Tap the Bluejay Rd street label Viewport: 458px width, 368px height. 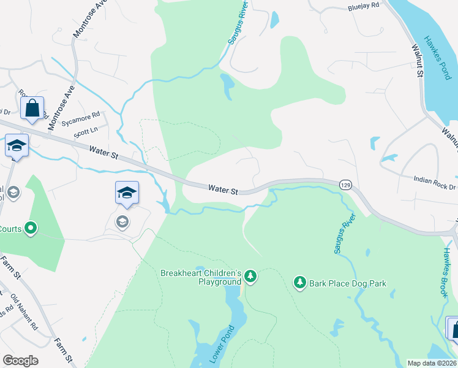(x=364, y=6)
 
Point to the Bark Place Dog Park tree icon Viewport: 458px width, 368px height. (x=299, y=282)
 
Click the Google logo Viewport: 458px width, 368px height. (x=20, y=361)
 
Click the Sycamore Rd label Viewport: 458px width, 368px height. (x=86, y=116)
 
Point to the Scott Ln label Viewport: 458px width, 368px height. (x=85, y=131)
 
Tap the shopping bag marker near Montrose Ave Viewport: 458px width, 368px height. (x=32, y=108)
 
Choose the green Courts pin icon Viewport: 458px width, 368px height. (x=31, y=229)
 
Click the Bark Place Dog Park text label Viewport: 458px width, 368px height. (x=348, y=283)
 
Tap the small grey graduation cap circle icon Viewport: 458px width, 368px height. (x=122, y=221)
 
